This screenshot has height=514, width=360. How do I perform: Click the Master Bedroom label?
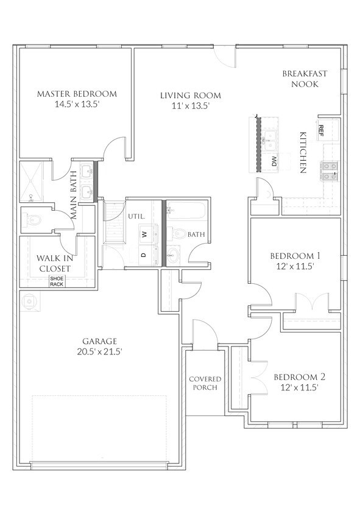76,94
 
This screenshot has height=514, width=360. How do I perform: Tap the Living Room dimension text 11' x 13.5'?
190,105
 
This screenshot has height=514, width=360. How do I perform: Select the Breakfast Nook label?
305,79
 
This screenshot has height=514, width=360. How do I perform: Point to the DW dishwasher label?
274,161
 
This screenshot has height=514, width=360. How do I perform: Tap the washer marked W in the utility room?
145,233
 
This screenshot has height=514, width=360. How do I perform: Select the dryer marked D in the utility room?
144,255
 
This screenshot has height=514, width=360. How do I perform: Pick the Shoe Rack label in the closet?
56,281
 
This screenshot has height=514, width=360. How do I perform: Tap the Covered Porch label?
204,383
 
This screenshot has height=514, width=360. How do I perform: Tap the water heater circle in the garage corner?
29,300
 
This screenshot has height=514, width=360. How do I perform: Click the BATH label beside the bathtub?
196,234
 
